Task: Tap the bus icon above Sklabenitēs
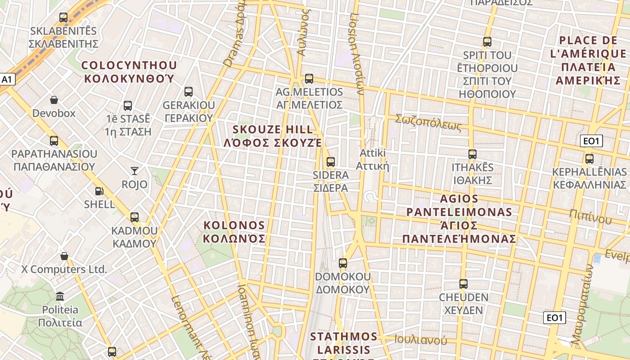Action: pyautogui.click(x=63, y=18)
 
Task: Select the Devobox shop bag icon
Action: pyautogui.click(x=54, y=100)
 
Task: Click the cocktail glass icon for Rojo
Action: pyautogui.click(x=135, y=171)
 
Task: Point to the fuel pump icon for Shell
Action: pyautogui.click(x=99, y=191)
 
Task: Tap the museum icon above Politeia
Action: pyautogui.click(x=60, y=296)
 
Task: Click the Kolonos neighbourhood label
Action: pyautogui.click(x=234, y=231)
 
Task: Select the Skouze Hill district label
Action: pyautogui.click(x=273, y=136)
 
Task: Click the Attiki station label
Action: pyautogui.click(x=372, y=159)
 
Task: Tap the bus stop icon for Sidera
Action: pyautogui.click(x=331, y=162)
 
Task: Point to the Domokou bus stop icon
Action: pyautogui.click(x=343, y=263)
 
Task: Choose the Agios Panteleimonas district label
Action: pyautogui.click(x=459, y=218)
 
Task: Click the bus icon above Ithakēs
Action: pyautogui.click(x=472, y=154)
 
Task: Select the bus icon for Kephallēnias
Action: pyautogui.click(x=589, y=159)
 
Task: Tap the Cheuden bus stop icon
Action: pyautogui.click(x=463, y=284)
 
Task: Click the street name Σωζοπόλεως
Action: pyautogui.click(x=428, y=122)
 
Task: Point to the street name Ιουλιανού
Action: pyautogui.click(x=421, y=340)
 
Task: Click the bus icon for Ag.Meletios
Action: pyautogui.click(x=309, y=79)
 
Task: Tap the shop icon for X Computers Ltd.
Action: pyautogui.click(x=64, y=256)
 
